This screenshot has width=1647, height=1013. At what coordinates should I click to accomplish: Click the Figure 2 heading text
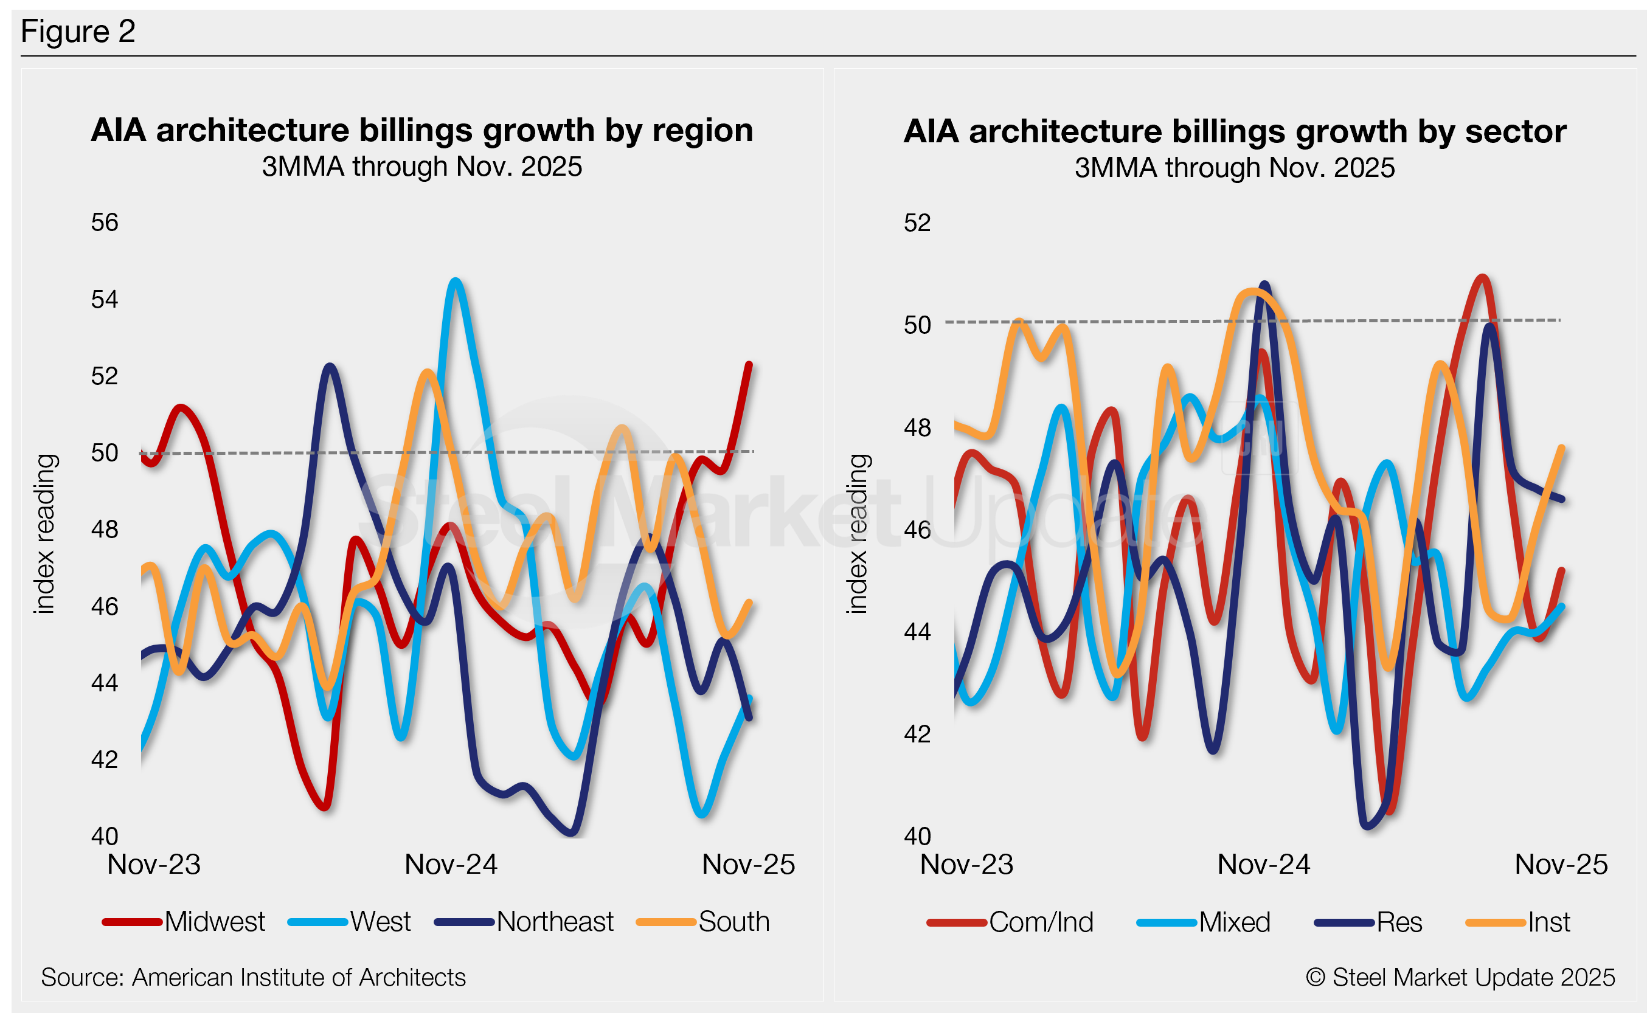point(78,32)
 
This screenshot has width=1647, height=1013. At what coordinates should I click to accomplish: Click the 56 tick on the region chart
point(105,223)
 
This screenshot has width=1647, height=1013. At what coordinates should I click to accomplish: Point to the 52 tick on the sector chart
point(917,223)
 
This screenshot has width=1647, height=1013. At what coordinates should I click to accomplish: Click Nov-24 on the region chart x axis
point(451,865)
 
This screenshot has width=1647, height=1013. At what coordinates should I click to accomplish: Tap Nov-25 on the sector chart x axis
point(1561,865)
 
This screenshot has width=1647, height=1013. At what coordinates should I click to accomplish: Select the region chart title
point(422,130)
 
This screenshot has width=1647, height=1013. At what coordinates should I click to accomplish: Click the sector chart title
point(1234,131)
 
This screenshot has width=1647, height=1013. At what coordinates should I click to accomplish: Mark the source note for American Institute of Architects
point(253,978)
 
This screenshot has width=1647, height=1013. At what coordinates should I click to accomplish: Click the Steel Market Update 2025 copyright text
point(1461,978)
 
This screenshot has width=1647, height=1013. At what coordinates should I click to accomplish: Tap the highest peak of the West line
point(456,282)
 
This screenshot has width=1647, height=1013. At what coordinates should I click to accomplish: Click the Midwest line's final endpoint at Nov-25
point(749,364)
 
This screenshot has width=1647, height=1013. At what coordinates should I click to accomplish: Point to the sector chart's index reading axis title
point(857,534)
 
